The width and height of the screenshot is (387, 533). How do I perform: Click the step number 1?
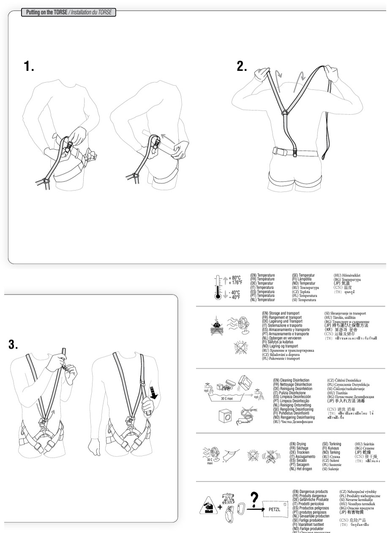28,66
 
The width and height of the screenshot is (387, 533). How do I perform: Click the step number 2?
242,66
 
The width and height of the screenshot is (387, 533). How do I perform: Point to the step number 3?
13,345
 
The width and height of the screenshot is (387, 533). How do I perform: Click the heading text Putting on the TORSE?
47,12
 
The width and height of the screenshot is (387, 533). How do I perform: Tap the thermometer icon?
218,287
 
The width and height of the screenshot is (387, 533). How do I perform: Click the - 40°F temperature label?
234,297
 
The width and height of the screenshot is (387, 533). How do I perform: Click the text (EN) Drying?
298,444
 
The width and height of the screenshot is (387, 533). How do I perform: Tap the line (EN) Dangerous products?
310,492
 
